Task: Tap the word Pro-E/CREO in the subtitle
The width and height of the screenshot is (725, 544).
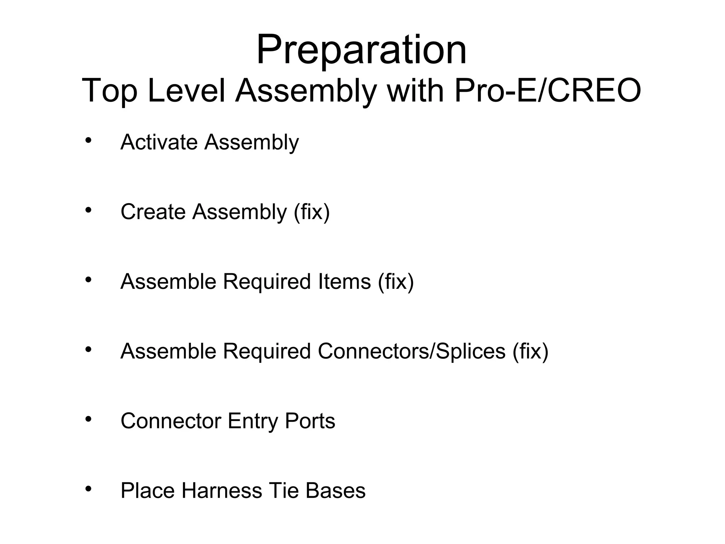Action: tap(547, 91)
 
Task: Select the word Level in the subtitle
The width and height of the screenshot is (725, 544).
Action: tap(186, 91)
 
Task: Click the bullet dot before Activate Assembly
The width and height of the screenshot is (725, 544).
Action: tap(89, 140)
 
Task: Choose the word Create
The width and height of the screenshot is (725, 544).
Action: tap(153, 212)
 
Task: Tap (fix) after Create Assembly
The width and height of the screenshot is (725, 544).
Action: tap(312, 212)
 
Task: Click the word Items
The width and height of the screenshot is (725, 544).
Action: tap(344, 281)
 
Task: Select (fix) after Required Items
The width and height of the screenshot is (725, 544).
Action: tap(396, 281)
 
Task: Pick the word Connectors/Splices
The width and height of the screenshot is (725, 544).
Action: tap(412, 351)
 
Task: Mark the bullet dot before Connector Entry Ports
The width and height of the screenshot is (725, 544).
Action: tap(89, 419)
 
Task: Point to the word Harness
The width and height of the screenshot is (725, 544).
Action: tap(222, 491)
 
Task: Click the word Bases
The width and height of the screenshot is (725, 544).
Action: tap(335, 491)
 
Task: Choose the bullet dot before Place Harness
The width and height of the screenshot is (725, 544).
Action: tap(89, 489)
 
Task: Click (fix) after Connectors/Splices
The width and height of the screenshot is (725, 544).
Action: tap(530, 351)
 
